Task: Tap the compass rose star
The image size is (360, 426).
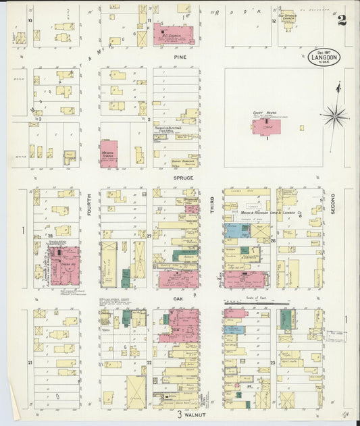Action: (334, 115)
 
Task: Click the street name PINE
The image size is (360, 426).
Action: (180, 57)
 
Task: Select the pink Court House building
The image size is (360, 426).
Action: (267, 126)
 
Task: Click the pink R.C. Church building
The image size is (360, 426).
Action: (173, 34)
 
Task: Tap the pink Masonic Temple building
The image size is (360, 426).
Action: (108, 153)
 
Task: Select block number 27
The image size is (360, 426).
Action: (149, 236)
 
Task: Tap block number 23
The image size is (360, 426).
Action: (272, 363)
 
